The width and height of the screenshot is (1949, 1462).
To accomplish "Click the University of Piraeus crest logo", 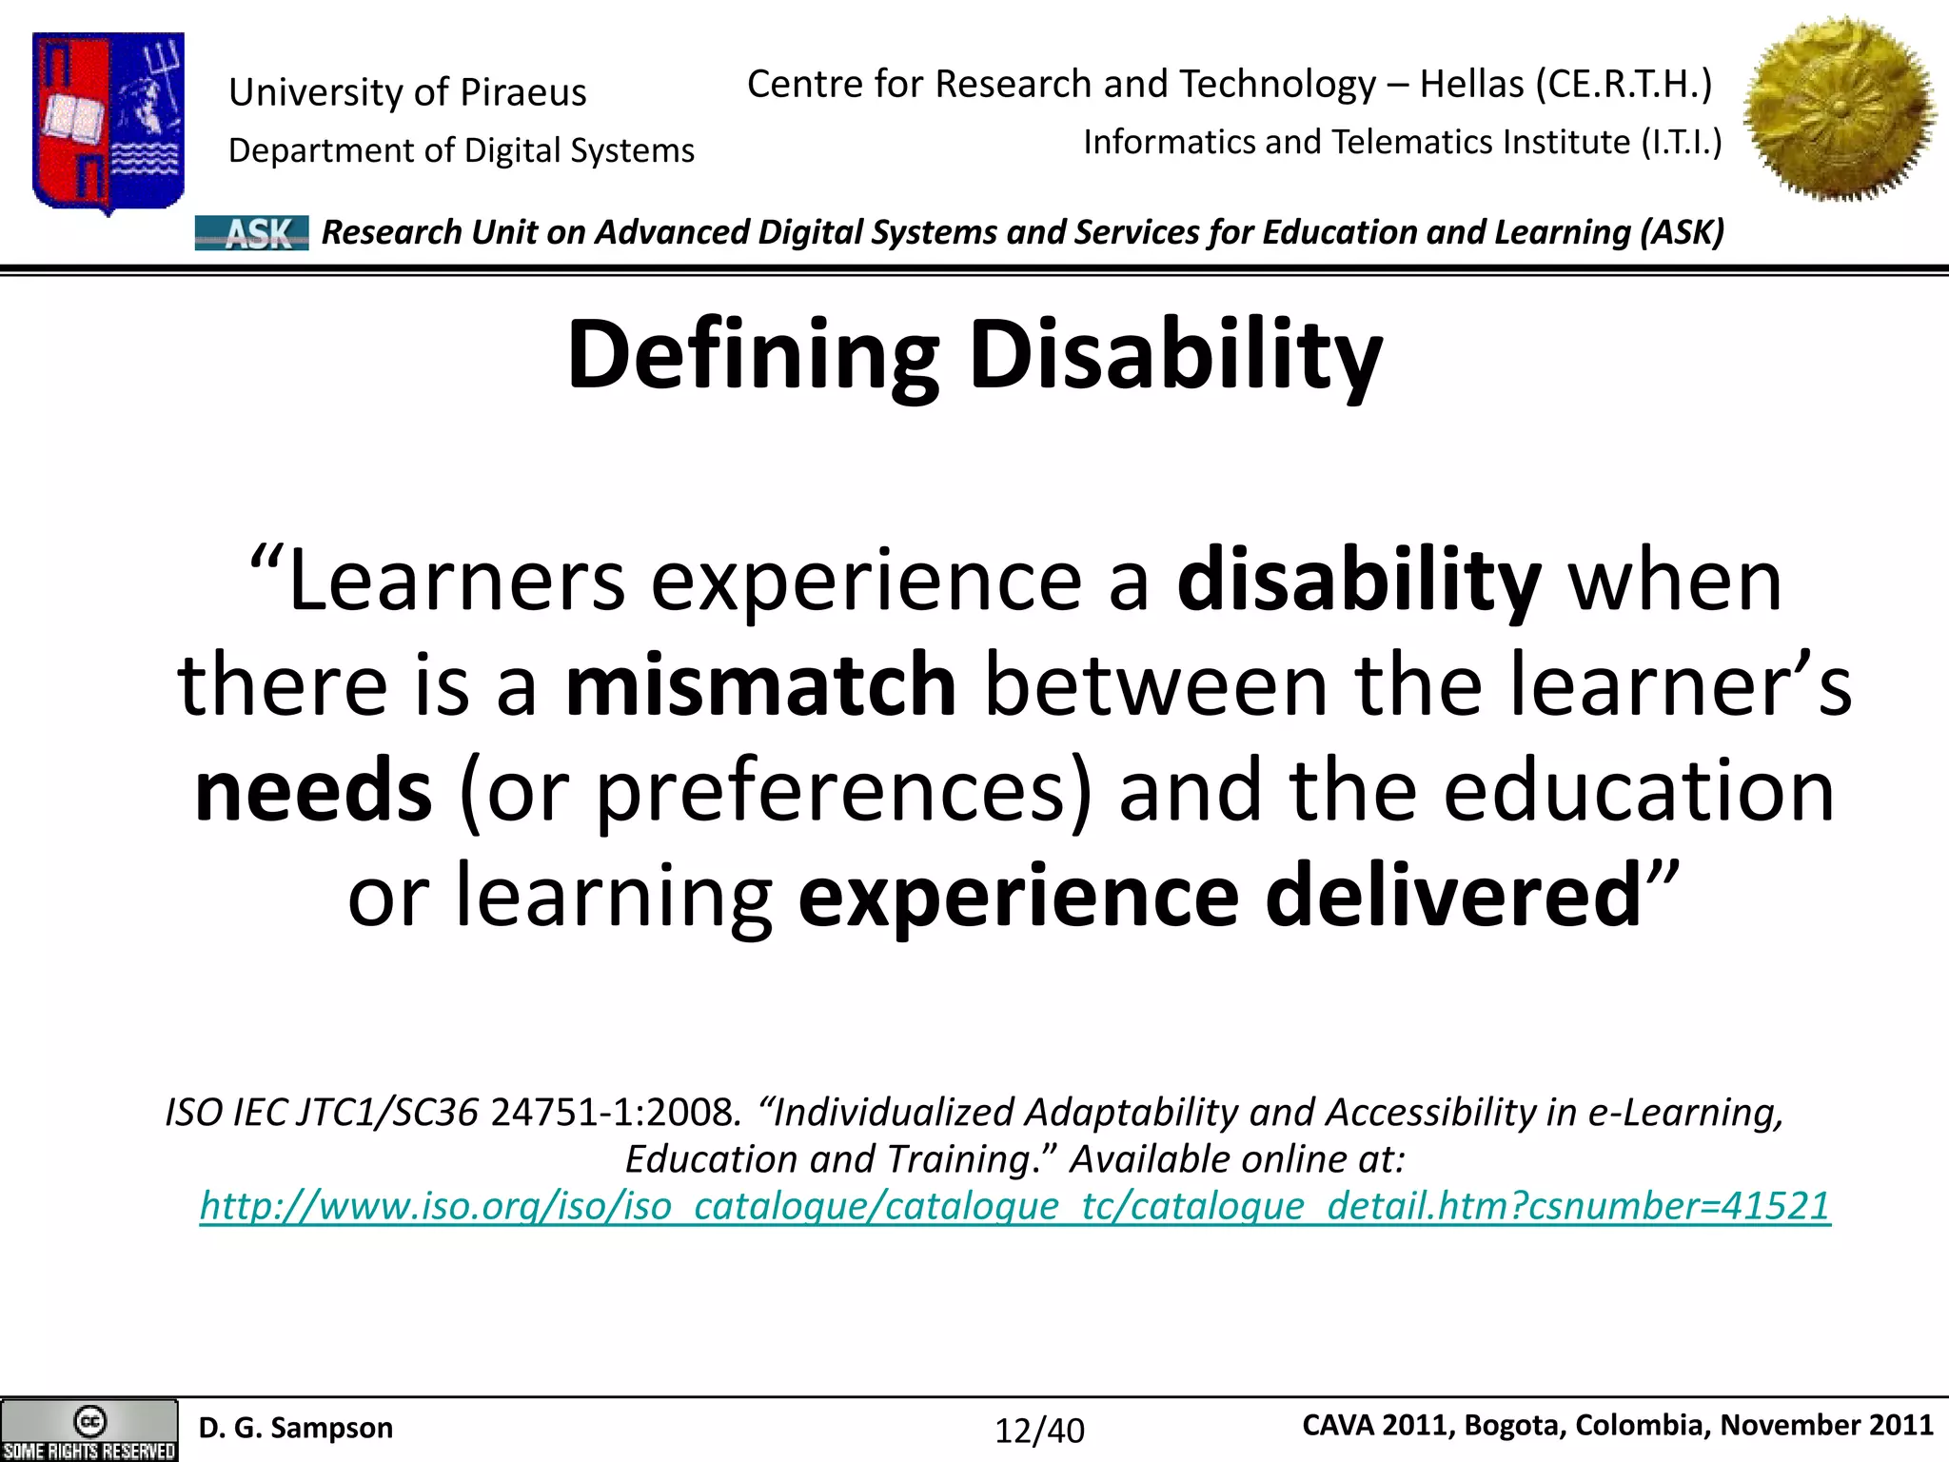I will coord(108,121).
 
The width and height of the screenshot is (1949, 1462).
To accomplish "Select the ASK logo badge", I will coord(252,233).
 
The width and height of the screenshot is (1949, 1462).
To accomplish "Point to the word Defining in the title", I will coord(753,356).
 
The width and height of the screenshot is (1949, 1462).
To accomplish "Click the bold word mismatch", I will coord(760,684).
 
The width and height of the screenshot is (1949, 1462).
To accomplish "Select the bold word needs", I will coord(313,790).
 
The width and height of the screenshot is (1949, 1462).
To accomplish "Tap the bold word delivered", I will coord(1453,895).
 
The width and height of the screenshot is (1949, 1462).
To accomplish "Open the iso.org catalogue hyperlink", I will coord(1014,1206).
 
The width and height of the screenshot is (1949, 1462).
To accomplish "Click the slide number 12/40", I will coord(1039,1431).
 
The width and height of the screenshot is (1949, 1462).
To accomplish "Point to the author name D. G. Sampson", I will coord(296,1428).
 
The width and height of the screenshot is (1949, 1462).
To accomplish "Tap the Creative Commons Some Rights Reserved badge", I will coord(89,1430).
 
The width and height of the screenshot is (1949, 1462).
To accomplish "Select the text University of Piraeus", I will coord(407,92).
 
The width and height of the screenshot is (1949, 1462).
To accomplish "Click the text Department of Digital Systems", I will coord(462,150).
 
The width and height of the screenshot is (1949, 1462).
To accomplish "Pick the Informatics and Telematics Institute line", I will coord(1403,142).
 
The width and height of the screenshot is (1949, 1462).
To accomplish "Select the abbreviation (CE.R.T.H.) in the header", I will coord(1624,84).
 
